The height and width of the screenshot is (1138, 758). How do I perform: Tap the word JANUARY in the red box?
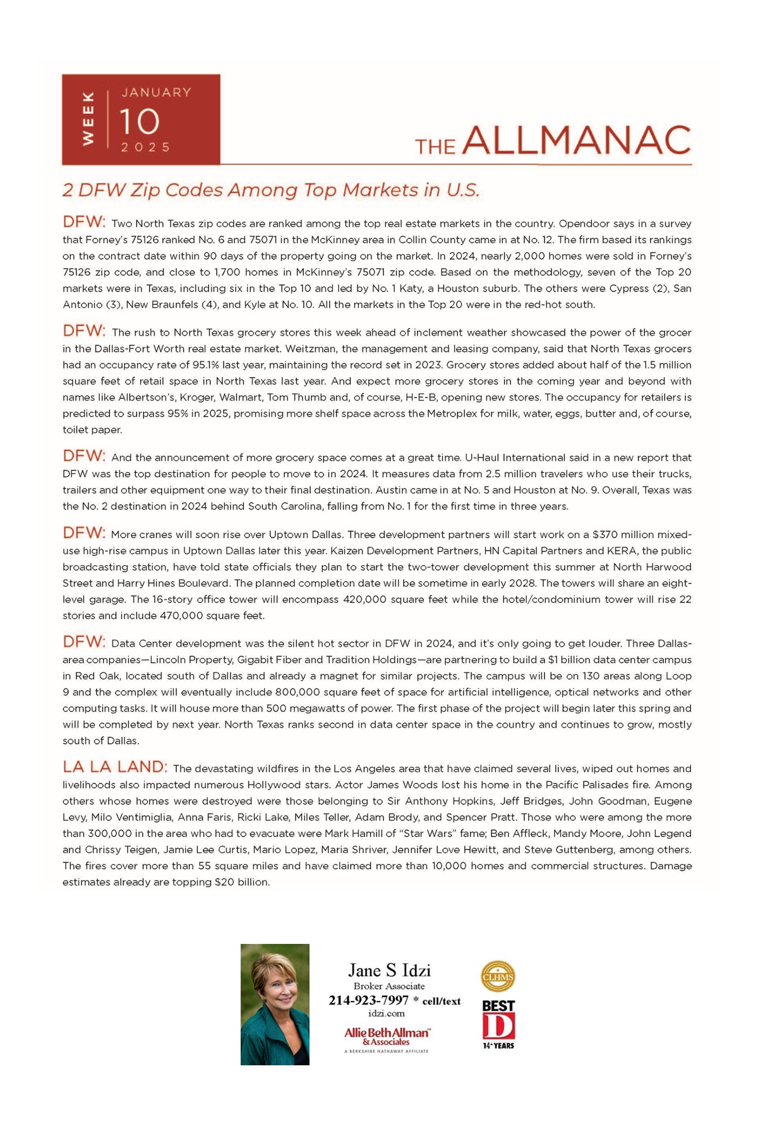coord(156,92)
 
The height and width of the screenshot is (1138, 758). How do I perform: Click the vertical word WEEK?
coord(88,118)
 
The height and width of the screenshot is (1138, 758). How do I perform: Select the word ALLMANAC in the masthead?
coord(577,140)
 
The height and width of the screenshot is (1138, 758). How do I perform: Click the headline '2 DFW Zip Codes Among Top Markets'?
coord(271,190)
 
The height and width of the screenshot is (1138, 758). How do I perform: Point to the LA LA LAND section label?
coord(115,767)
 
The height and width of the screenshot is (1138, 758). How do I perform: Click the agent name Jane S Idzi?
coord(389,970)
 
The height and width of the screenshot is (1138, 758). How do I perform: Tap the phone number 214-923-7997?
coord(369,1000)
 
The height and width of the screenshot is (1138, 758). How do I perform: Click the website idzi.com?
coord(387,1013)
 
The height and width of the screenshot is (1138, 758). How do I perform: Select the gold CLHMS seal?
coord(498,977)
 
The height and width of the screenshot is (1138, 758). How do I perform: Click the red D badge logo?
coord(498,1026)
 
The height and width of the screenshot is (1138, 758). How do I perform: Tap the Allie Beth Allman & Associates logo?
coord(387,1036)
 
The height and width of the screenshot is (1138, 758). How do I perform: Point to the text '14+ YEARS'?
coord(498,1046)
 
